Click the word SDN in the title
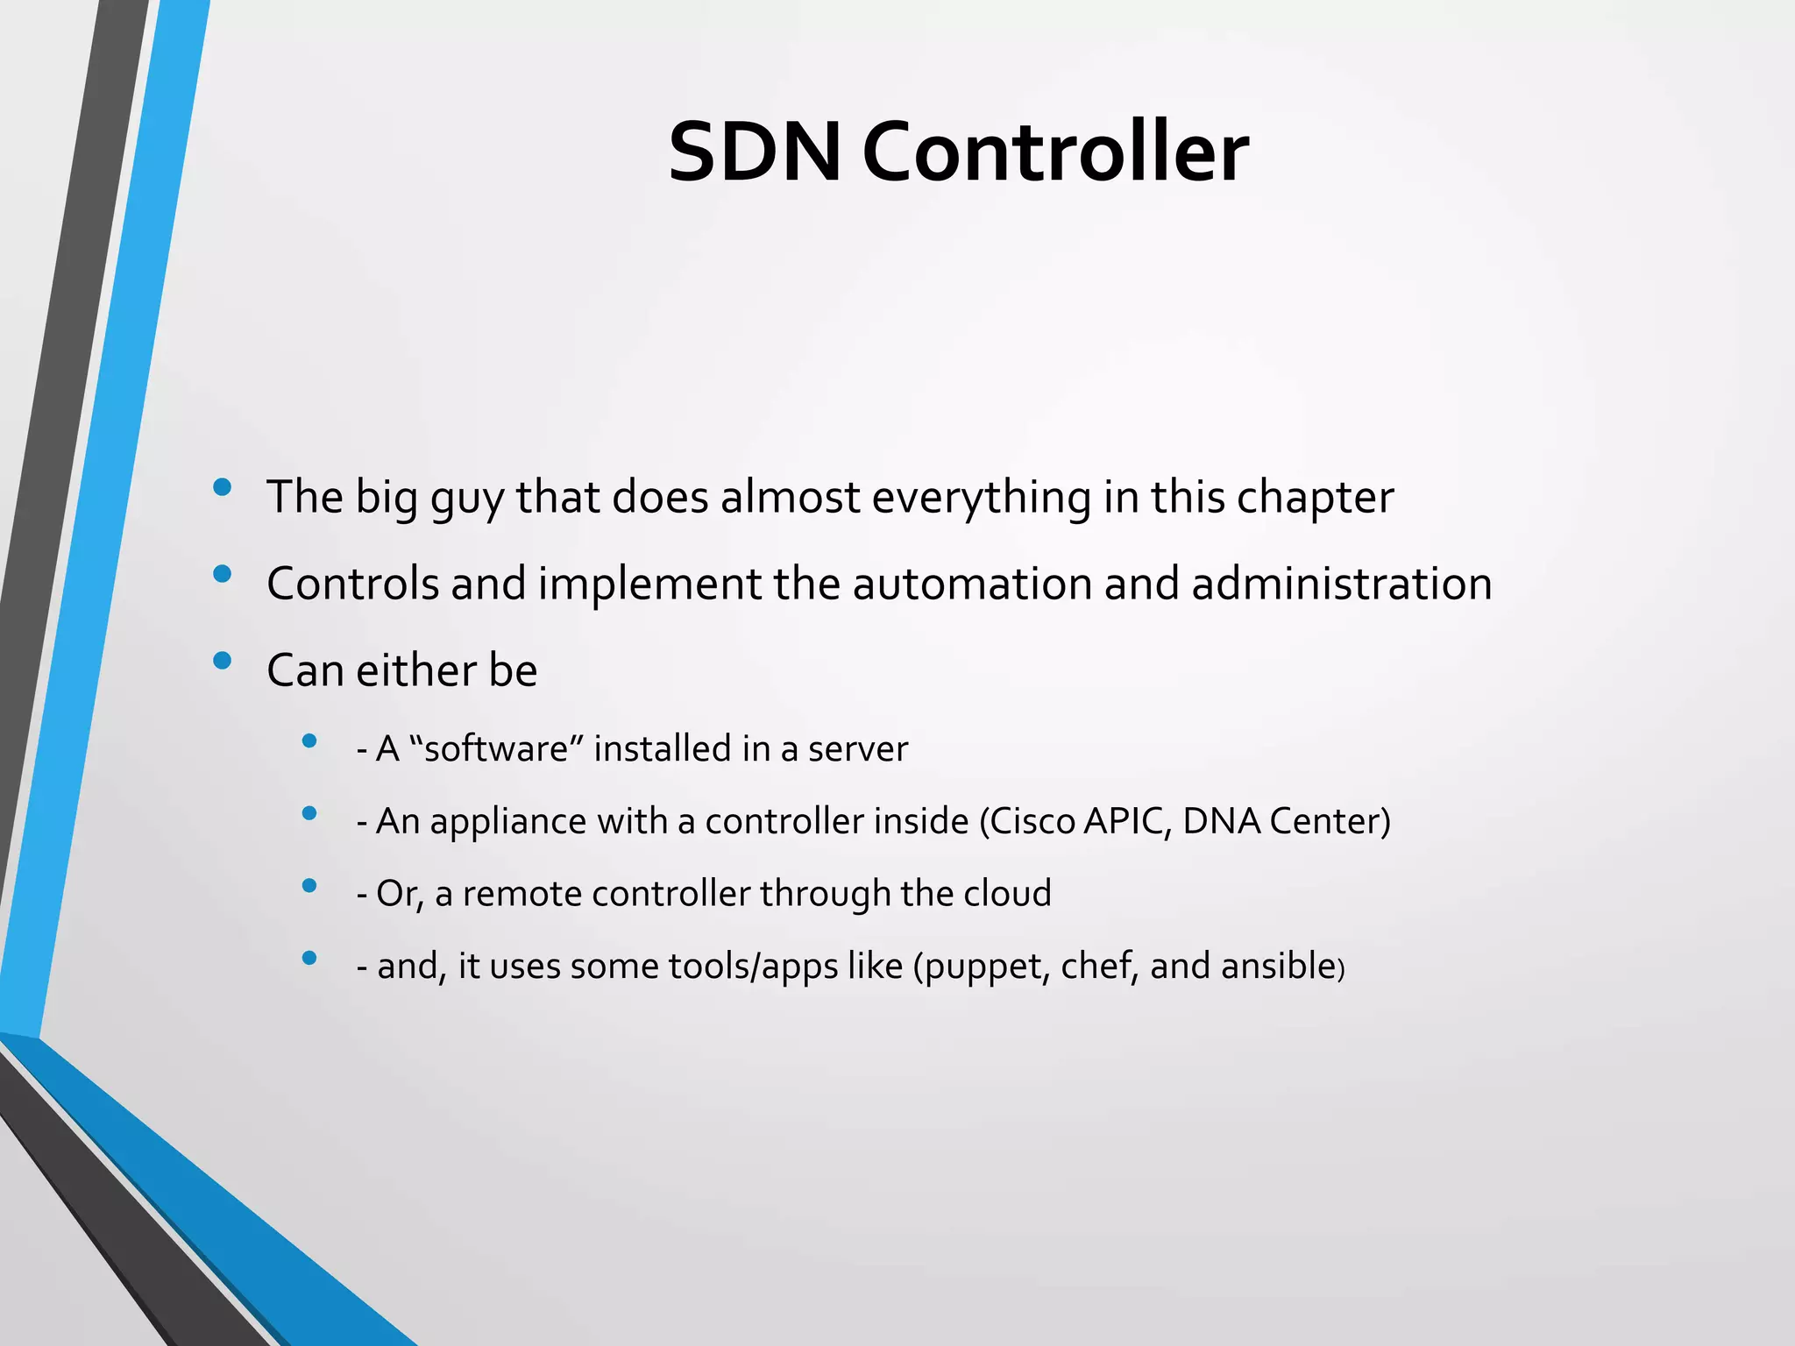point(754,153)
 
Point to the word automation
point(972,584)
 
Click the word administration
point(1341,584)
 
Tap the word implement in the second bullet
point(649,584)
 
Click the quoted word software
point(497,749)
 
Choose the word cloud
point(1007,894)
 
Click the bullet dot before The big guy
point(223,487)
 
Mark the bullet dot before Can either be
point(223,661)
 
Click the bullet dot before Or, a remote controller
point(309,886)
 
